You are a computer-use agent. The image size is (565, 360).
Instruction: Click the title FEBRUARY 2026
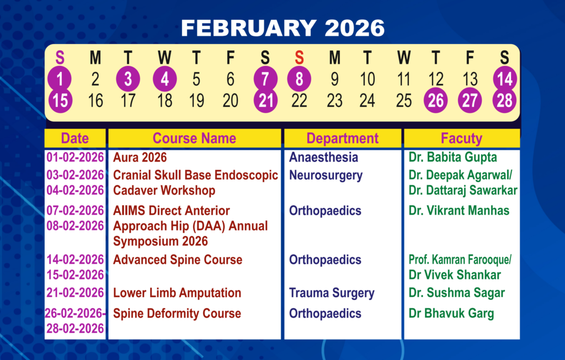[283, 28]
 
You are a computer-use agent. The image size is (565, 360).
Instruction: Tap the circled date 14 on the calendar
[504, 79]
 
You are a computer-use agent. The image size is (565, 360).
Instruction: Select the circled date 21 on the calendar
[265, 100]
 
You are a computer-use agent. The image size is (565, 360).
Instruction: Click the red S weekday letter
[299, 57]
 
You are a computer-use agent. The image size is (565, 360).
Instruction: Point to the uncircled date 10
[367, 79]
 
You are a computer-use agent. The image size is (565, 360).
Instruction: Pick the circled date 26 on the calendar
[436, 100]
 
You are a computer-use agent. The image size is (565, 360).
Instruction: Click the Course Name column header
[194, 138]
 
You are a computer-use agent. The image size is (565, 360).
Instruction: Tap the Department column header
[342, 138]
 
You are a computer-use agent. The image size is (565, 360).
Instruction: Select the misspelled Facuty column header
[462, 138]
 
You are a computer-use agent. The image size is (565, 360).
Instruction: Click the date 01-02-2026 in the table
[75, 157]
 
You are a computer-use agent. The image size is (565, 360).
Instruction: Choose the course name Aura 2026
[140, 157]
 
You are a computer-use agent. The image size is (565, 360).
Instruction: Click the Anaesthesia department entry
[323, 157]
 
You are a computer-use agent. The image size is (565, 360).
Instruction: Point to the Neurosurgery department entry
[326, 176]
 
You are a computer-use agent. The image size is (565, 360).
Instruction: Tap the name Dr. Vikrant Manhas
[459, 211]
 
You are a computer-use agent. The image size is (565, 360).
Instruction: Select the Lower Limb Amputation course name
[177, 293]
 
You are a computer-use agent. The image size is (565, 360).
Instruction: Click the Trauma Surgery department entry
[332, 293]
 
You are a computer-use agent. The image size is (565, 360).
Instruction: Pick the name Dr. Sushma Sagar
[456, 293]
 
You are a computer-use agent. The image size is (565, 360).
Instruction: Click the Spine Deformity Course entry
[177, 314]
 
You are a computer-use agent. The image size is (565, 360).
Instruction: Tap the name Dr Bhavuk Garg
[451, 314]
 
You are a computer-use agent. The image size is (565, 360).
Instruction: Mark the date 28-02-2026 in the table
[75, 329]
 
